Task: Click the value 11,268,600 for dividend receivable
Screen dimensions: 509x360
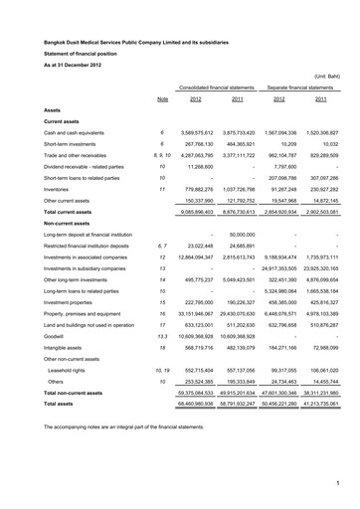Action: click(x=213, y=161)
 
